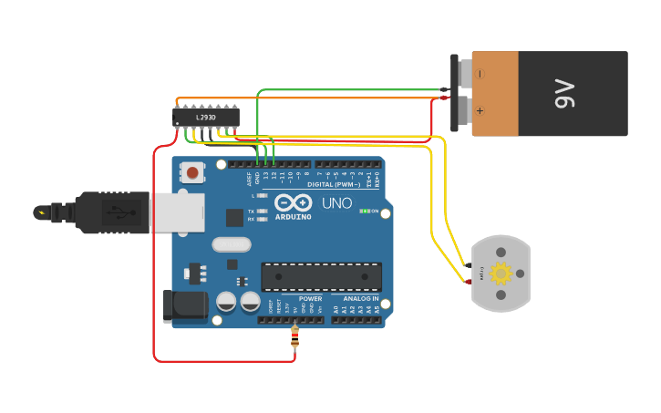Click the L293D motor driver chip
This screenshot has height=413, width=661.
206,118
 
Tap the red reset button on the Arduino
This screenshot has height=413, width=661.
192,171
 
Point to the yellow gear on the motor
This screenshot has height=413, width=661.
501,274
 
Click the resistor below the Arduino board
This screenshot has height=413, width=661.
294,339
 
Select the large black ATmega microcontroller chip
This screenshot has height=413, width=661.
321,276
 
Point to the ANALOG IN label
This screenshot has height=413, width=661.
360,298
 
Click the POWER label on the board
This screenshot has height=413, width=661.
310,298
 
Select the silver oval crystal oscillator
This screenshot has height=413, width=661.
231,244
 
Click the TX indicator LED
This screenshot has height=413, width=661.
263,212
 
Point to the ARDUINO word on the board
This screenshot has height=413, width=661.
294,217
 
